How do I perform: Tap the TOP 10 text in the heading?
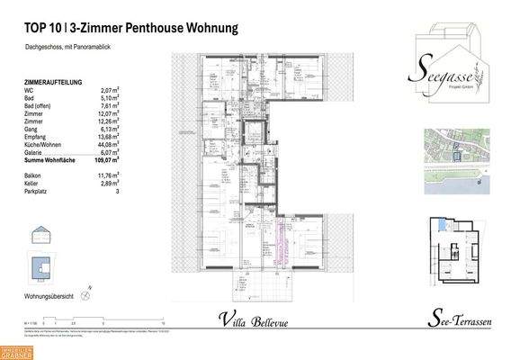(x=41, y=29)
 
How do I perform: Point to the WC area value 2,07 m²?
(x=109, y=92)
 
